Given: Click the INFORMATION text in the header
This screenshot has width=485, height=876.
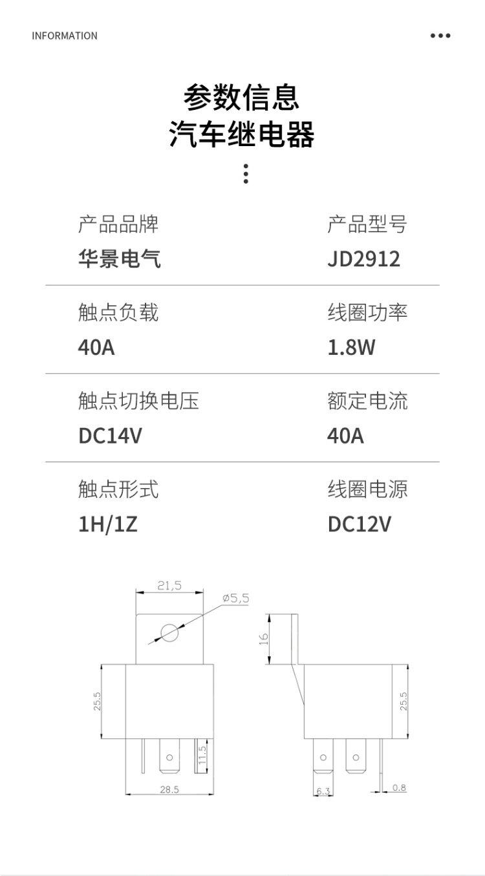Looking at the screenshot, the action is point(65,36).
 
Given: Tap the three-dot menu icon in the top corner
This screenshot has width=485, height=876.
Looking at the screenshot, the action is point(440,36).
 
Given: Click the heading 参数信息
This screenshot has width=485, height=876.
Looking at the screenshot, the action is point(242,98).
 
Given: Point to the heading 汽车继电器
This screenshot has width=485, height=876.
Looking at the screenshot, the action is point(242,134).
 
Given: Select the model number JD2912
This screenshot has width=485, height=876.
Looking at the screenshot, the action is point(363,259).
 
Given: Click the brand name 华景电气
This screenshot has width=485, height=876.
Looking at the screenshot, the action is point(119,259).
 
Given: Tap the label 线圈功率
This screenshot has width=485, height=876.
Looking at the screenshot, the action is point(367,313).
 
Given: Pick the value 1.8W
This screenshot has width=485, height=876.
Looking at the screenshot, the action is point(351,348).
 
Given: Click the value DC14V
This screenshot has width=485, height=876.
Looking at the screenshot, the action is point(110,436).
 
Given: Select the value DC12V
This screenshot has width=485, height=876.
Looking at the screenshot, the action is point(359,524).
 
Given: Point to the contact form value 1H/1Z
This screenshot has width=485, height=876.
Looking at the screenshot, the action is point(107,524).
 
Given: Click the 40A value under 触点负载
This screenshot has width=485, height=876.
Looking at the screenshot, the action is point(96,348).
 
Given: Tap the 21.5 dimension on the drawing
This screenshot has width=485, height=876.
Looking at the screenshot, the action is point(169,586).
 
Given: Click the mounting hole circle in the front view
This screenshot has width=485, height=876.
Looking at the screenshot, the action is point(169,632).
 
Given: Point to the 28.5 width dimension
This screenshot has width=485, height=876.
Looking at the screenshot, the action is point(169,789).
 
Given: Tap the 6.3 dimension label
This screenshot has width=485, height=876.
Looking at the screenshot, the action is point(323,791).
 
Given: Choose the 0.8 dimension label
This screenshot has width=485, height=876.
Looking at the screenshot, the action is point(399,787).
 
